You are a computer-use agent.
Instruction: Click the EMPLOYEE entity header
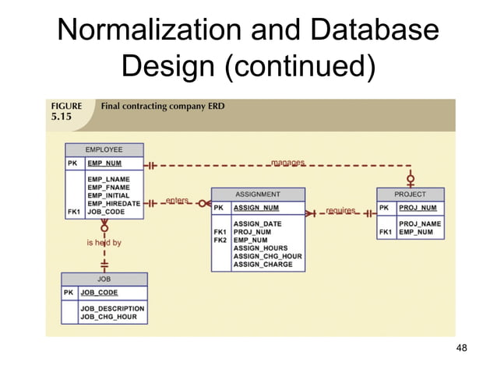104,149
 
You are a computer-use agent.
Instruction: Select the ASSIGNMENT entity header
258,194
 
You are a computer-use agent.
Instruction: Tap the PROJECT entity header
410,194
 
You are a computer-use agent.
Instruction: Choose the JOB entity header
104,279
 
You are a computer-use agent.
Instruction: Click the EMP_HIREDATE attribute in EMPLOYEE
114,203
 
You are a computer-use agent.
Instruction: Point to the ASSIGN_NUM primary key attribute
256,208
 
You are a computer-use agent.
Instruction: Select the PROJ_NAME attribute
420,223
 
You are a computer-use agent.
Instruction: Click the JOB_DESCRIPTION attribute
112,309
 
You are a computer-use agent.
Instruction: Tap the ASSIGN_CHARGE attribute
263,265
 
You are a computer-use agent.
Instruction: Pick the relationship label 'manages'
287,163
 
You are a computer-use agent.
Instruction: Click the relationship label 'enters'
177,201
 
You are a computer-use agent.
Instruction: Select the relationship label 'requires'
340,211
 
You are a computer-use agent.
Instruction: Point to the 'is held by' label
104,243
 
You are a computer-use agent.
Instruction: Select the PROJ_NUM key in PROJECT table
418,208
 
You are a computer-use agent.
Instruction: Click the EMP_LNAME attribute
108,179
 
